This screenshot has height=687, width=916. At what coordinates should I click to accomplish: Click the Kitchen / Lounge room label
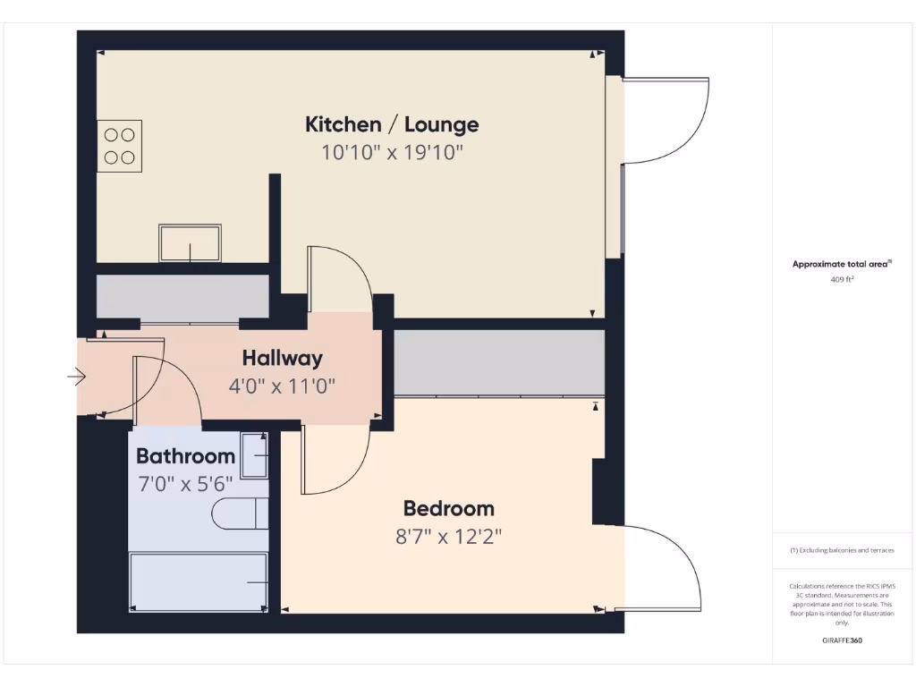[x=392, y=124]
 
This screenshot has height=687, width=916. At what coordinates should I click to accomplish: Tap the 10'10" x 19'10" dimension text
[x=392, y=152]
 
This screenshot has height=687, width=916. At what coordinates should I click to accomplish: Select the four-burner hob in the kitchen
[x=119, y=146]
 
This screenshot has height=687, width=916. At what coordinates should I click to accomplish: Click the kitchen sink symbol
[x=191, y=242]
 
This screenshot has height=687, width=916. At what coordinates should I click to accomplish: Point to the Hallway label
[x=282, y=359]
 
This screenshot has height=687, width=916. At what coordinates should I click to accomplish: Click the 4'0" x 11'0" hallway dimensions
[x=282, y=387]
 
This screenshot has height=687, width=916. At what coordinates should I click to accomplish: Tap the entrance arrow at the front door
[x=77, y=377]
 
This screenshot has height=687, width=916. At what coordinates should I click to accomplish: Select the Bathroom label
[x=185, y=456]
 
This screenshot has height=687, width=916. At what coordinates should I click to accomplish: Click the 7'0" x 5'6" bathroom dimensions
[x=185, y=483]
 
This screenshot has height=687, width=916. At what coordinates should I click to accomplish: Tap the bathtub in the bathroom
[x=199, y=581]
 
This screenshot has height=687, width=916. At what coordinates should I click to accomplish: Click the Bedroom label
[x=448, y=509]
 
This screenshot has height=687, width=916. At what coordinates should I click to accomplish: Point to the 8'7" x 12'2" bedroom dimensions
[x=448, y=537]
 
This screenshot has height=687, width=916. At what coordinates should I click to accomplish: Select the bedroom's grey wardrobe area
[x=499, y=362]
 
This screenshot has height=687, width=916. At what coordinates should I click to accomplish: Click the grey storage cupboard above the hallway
[x=182, y=297]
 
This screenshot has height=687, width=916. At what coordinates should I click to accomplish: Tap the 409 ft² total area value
[x=842, y=279]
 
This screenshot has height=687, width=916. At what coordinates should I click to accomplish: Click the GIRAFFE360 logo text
[x=842, y=640]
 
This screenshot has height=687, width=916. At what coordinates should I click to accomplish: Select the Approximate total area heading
[x=841, y=264]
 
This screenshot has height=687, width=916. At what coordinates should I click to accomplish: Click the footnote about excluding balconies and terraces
[x=842, y=550]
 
